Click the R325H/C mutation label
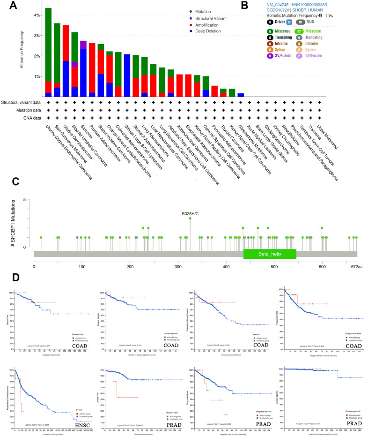click(190, 214)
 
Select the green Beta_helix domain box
click(270, 254)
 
